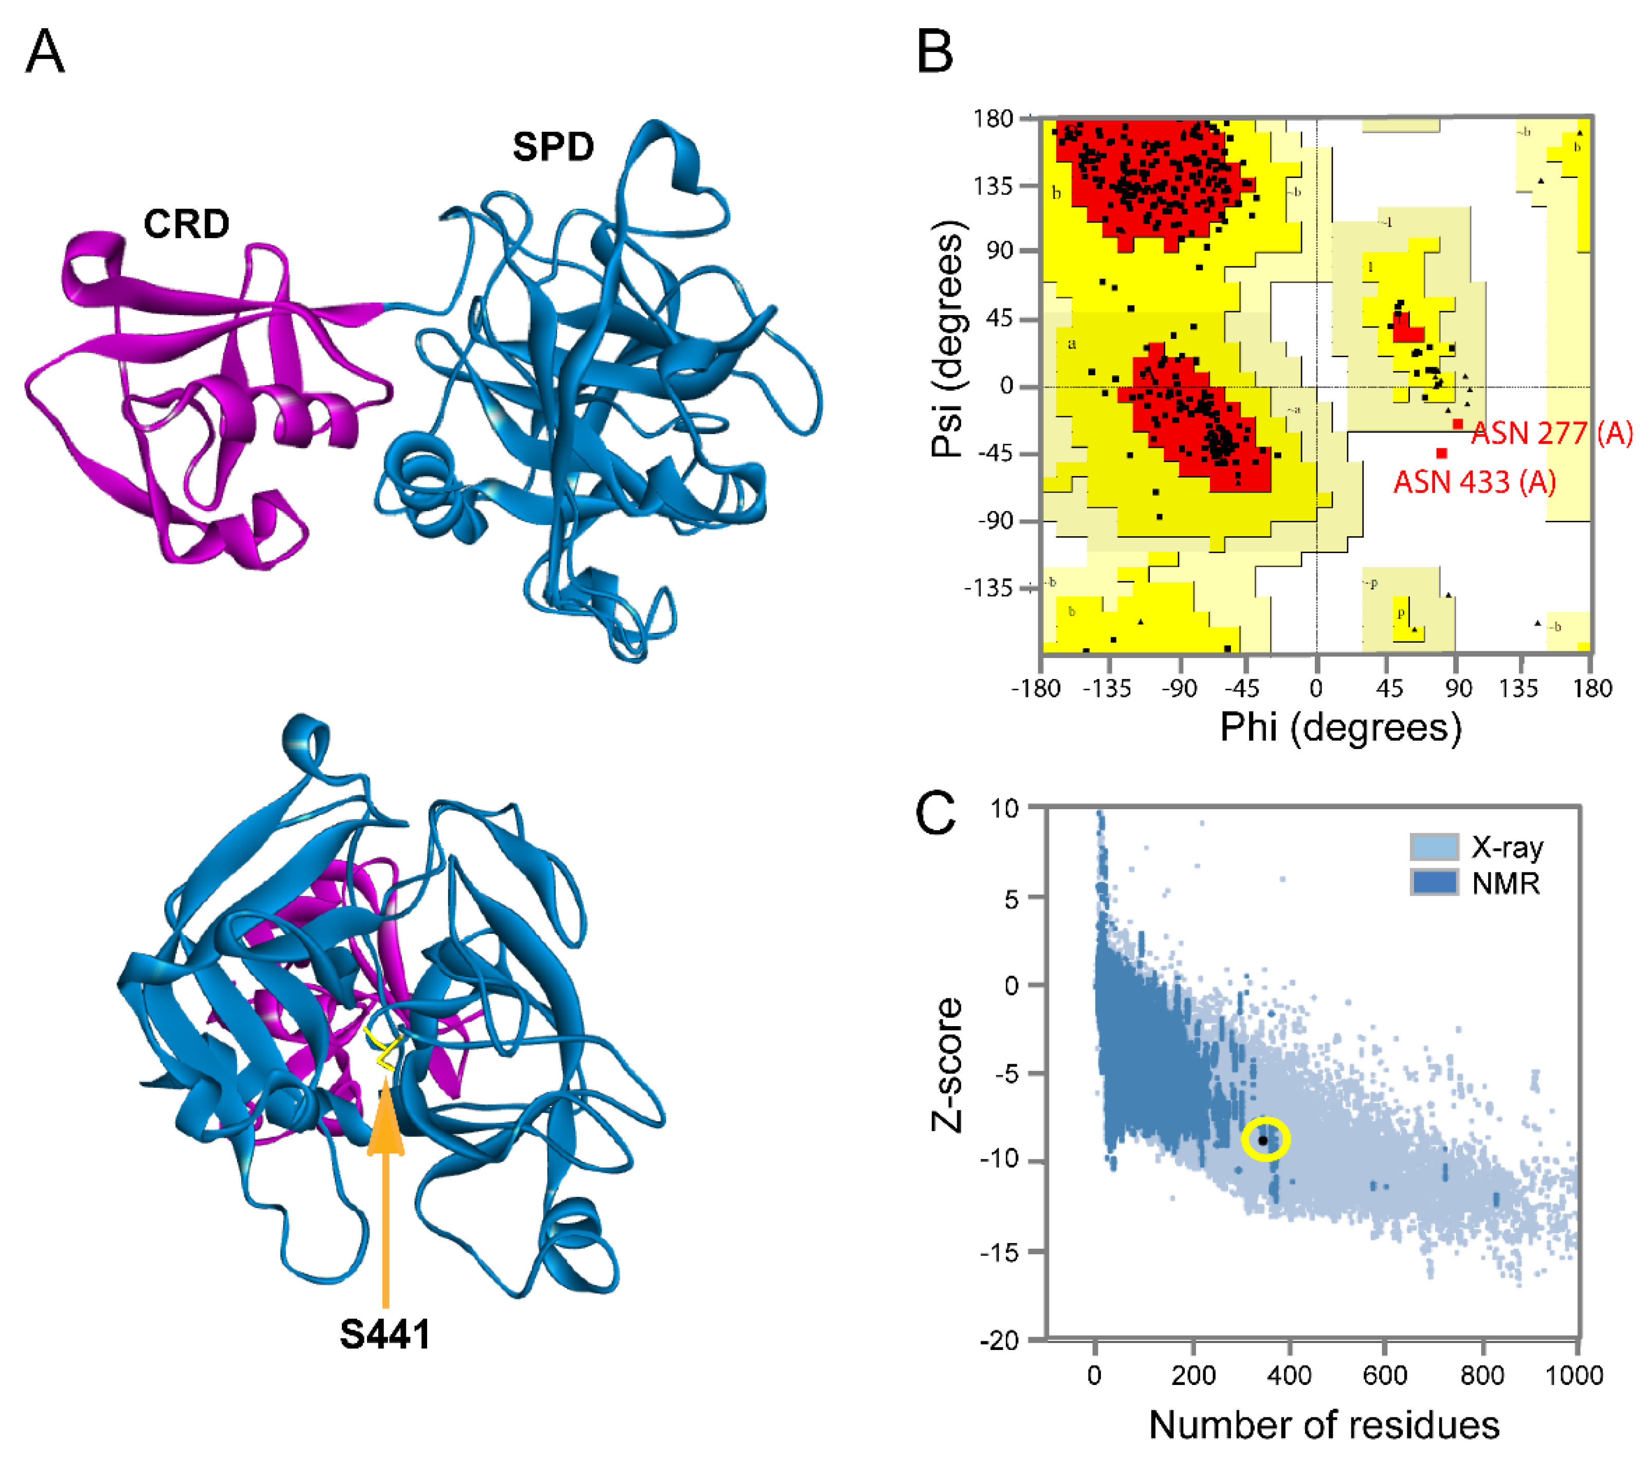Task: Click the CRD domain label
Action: (x=187, y=224)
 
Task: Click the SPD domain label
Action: (x=553, y=147)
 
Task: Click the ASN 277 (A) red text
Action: (x=1551, y=434)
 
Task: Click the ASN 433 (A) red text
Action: (x=1474, y=483)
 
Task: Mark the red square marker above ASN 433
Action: (x=1442, y=453)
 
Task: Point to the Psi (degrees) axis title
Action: (x=947, y=339)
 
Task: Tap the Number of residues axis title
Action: (x=1324, y=1425)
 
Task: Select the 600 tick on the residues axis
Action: (x=1385, y=1375)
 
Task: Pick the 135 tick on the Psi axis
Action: (x=993, y=187)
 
